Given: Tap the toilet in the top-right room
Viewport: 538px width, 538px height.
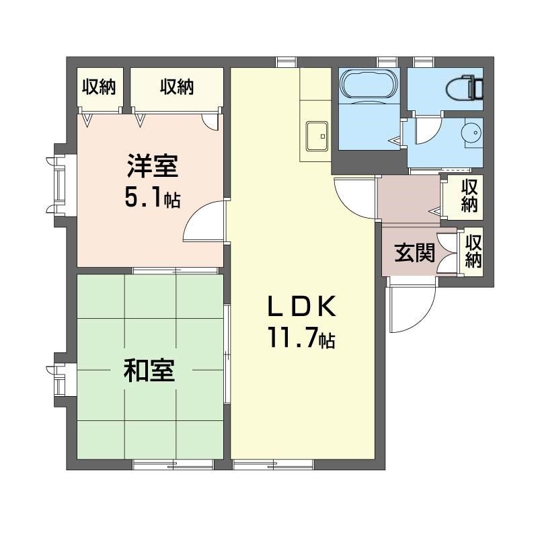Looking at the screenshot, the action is [x=465, y=88].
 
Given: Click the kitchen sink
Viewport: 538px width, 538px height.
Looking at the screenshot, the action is [x=317, y=137].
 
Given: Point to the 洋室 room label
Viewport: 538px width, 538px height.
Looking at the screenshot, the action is [x=153, y=166].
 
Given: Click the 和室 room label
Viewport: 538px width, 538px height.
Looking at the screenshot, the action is [x=149, y=371].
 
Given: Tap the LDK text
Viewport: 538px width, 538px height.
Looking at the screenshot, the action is [x=301, y=307].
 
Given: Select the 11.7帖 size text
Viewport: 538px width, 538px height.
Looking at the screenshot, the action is [x=301, y=338].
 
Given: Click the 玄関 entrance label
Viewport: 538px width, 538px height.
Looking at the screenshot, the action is [x=414, y=253].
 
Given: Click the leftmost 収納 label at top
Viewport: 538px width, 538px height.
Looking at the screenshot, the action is [x=99, y=87].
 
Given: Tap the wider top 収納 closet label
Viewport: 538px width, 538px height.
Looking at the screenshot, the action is [x=177, y=87].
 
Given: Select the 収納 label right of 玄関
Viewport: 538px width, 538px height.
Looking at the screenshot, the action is [x=473, y=251].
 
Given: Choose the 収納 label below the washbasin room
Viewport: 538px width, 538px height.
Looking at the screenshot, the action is [x=469, y=196].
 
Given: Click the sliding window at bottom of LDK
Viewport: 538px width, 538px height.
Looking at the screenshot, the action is [x=274, y=465].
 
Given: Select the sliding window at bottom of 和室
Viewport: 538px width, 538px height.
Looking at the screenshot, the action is [x=174, y=465].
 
